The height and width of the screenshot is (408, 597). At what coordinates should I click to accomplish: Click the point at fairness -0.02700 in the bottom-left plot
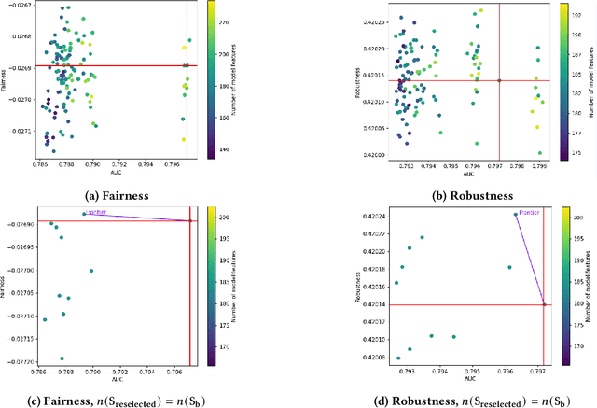point(91,271)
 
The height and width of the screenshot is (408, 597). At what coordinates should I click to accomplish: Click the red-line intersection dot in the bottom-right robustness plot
point(544,304)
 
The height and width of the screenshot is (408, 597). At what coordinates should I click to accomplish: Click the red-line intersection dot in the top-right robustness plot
point(499,80)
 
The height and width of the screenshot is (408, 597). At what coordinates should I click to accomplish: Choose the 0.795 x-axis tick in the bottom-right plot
point(472,371)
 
